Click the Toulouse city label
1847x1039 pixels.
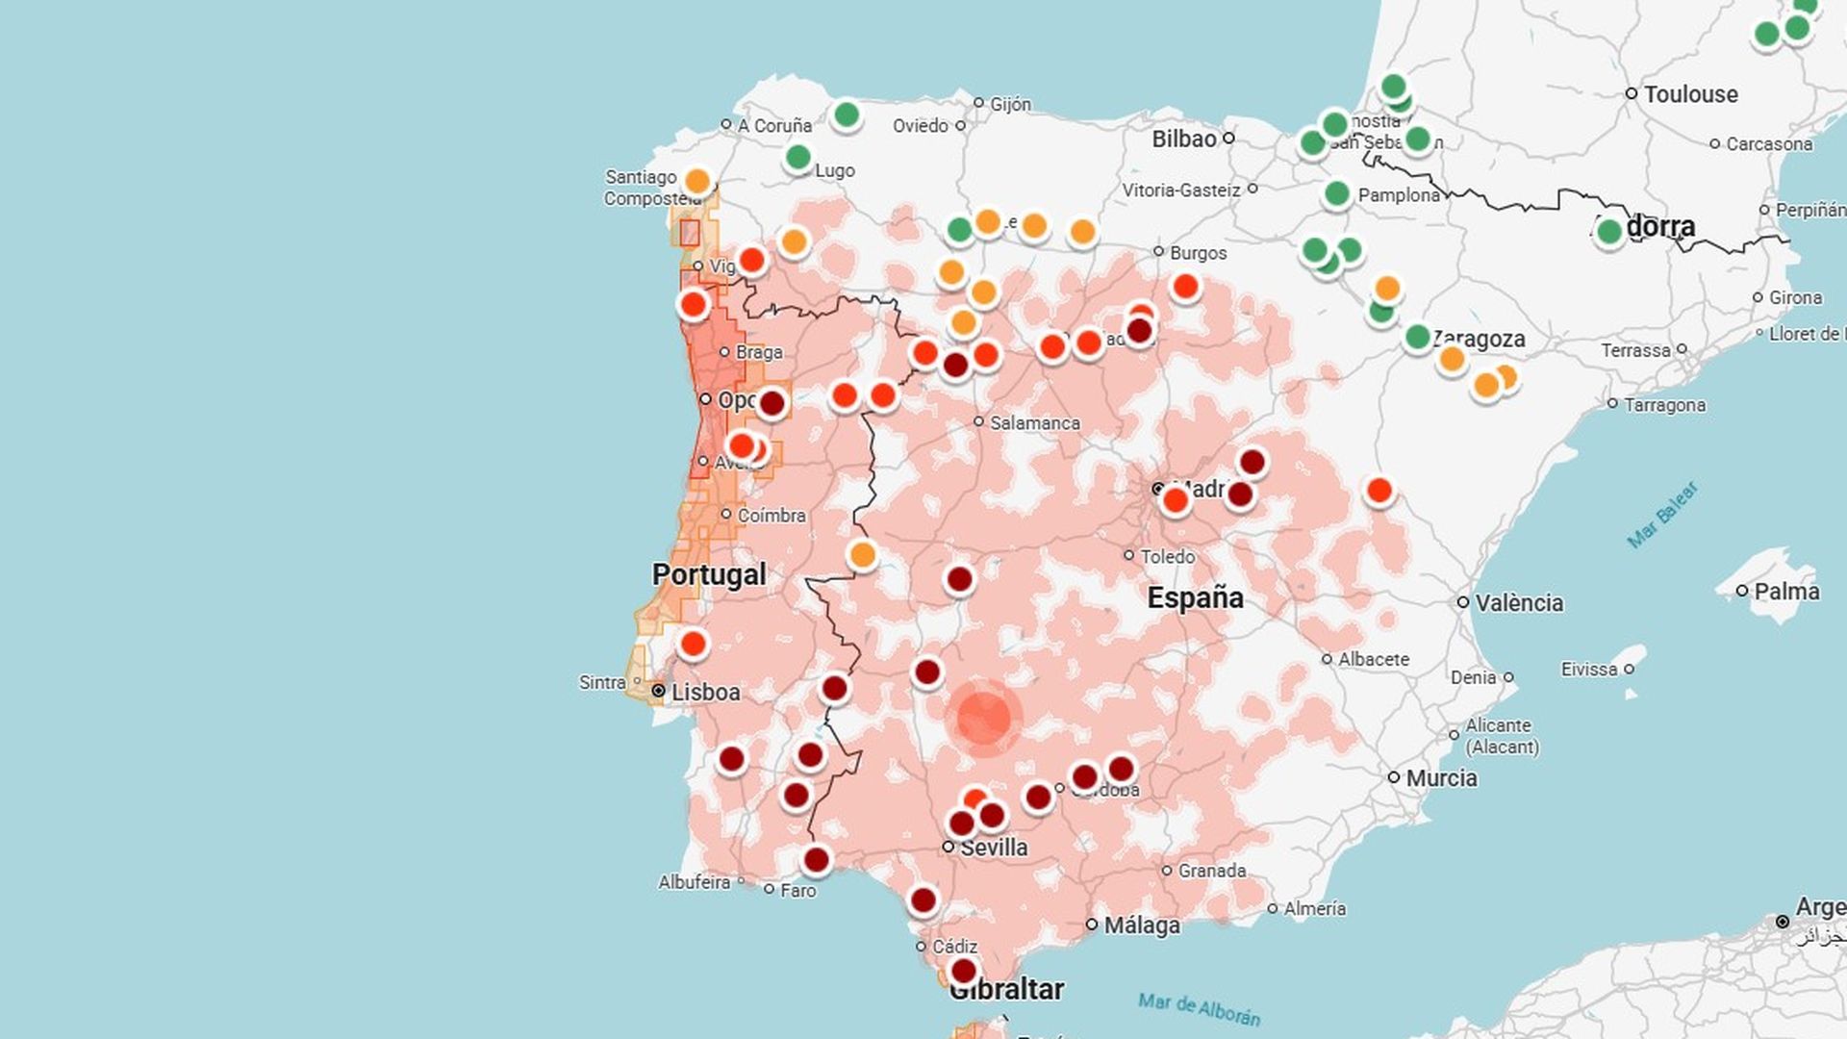1690,94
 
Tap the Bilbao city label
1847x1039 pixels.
1184,139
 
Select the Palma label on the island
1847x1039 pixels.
1786,592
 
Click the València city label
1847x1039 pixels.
1519,603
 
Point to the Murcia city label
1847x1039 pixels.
1441,778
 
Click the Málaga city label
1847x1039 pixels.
1141,925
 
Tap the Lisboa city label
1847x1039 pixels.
705,693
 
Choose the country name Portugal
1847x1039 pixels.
709,574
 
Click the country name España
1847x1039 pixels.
1195,597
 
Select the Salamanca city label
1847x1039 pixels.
1034,423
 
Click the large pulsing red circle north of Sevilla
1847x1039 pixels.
983,718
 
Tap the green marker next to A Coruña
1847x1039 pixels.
847,115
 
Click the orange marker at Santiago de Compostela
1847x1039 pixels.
697,182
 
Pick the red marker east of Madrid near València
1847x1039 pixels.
1379,492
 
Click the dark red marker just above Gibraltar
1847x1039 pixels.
963,971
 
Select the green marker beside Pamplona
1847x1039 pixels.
1336,194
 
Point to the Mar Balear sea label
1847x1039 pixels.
1662,516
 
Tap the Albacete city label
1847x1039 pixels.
1373,660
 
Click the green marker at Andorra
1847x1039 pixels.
1608,232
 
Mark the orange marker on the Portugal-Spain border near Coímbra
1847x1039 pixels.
862,555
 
